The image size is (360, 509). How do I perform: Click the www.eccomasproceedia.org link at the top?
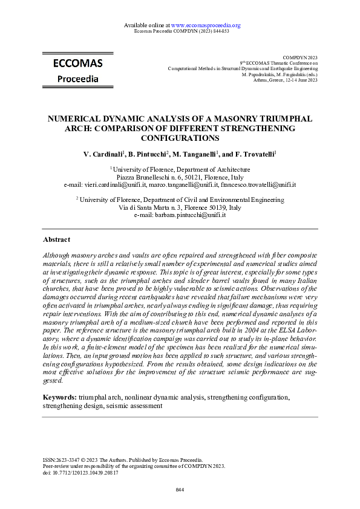206,25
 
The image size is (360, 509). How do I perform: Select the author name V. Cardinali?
103,155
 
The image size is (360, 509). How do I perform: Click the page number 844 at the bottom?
180,489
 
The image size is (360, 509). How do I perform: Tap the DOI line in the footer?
80,473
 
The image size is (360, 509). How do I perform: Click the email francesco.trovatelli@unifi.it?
258,184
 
